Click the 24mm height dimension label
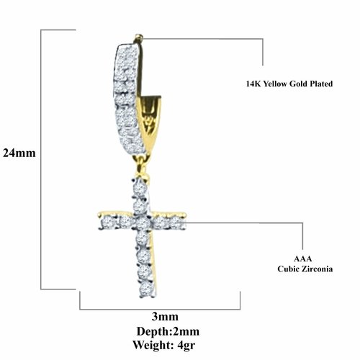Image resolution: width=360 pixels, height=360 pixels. [x=19, y=153]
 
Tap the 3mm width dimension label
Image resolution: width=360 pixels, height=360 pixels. [x=165, y=317]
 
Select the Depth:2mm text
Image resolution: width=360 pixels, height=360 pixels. [x=168, y=331]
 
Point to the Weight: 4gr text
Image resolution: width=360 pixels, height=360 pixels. [x=164, y=345]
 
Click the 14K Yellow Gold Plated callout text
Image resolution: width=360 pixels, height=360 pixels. [x=289, y=84]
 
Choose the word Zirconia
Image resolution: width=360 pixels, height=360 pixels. [x=317, y=269]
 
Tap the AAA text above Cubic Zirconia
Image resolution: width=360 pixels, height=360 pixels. [x=303, y=258]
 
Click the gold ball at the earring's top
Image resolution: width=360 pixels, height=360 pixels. [x=139, y=37]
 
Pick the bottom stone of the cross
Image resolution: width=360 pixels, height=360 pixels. [x=146, y=289]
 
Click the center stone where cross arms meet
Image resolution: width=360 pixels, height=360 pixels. [x=143, y=223]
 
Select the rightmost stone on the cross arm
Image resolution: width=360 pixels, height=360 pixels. [x=178, y=222]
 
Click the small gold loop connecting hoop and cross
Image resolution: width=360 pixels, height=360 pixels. [x=140, y=163]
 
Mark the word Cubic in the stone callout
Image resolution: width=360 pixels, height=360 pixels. [x=288, y=269]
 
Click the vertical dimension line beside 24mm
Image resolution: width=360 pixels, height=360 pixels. [x=41, y=160]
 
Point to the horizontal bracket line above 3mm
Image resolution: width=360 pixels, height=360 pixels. [x=160, y=310]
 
